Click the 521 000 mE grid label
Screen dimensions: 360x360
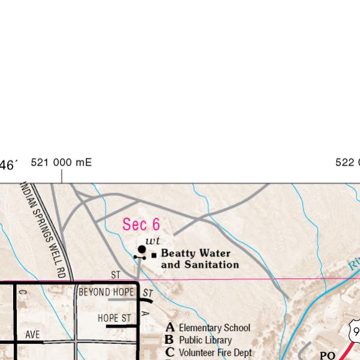tap(61, 163)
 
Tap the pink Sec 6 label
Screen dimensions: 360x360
tap(141, 224)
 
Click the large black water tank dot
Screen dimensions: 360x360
tap(142, 249)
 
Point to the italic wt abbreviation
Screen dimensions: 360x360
tap(153, 241)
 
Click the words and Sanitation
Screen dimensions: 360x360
tap(200, 265)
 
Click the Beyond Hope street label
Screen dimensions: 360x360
tap(106, 292)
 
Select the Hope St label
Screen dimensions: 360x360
tap(114, 318)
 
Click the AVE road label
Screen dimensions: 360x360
tap(32, 334)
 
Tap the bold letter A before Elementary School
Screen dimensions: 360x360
tap(170, 328)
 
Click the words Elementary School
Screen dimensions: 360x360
tap(214, 328)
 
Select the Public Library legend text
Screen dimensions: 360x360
tap(205, 340)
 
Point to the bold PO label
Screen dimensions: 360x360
tap(327, 355)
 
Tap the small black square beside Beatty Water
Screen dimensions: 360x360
tap(154, 255)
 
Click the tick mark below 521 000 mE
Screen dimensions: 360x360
tap(62, 176)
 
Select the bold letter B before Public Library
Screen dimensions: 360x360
tap(170, 340)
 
